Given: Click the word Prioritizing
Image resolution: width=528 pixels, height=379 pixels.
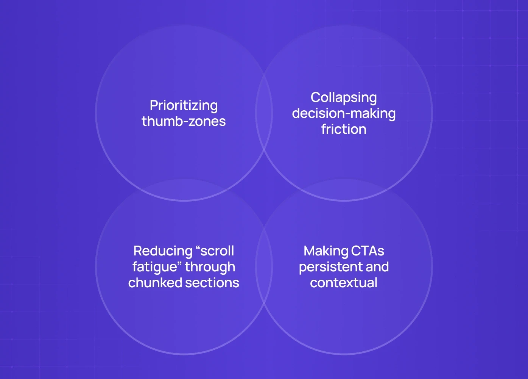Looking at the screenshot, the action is [x=184, y=105].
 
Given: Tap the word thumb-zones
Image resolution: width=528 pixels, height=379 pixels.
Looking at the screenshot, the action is [x=184, y=121].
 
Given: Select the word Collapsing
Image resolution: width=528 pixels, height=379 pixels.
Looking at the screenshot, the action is [x=344, y=97].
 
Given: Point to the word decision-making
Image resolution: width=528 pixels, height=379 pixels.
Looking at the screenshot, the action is [x=344, y=113].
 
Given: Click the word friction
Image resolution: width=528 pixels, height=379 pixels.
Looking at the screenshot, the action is [x=344, y=129].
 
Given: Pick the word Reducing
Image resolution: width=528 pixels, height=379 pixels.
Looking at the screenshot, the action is [x=163, y=251].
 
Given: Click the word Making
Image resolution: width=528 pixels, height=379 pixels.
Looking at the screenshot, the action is [x=326, y=251].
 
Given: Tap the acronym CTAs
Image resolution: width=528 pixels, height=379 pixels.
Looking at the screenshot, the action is [x=368, y=251].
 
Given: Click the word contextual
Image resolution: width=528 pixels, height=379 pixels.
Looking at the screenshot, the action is [x=344, y=283].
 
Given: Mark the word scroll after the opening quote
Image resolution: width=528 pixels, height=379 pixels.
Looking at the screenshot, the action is [x=217, y=251].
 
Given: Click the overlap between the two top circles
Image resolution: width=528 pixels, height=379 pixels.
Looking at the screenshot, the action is [x=264, y=113].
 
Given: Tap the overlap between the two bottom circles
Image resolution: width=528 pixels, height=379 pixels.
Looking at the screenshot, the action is [x=264, y=266].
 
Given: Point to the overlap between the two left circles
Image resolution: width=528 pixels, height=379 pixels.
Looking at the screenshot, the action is [x=184, y=189].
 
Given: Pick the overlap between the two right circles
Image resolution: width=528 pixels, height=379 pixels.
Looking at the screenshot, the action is [x=344, y=189].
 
